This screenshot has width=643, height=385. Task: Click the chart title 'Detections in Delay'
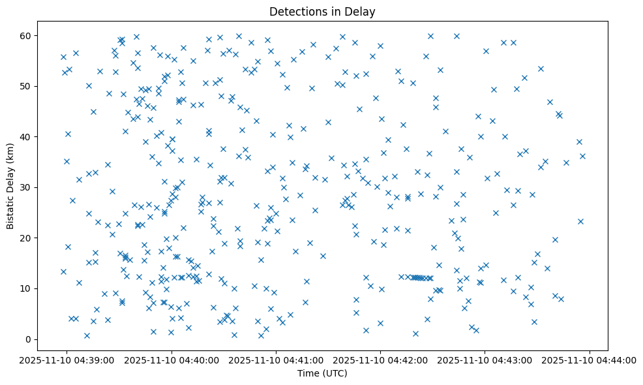[x=322, y=12]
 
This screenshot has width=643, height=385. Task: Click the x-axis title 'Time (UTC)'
[x=322, y=373]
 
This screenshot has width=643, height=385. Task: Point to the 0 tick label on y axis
[x=29, y=339]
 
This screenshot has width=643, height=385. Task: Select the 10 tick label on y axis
[x=26, y=288]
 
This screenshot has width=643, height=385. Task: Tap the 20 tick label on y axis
[x=26, y=238]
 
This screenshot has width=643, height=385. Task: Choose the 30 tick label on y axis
[x=26, y=187]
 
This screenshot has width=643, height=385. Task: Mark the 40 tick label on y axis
[x=26, y=137]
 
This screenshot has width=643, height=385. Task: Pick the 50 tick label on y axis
[x=26, y=86]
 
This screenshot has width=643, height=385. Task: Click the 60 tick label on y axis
[x=26, y=35]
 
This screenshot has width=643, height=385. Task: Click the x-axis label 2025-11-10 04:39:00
[x=67, y=360]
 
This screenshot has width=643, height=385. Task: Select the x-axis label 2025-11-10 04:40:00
[x=172, y=360]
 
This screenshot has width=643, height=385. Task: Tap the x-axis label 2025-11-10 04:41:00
[x=276, y=360]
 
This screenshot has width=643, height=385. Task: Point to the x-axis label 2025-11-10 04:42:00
[x=381, y=360]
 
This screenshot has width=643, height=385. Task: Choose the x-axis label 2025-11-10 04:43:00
[x=485, y=360]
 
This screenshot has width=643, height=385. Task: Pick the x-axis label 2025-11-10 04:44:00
[x=590, y=360]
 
